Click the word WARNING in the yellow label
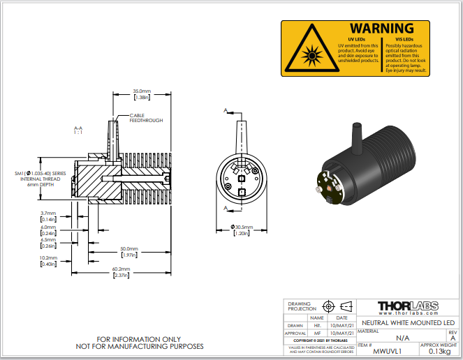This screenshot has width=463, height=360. (381, 28)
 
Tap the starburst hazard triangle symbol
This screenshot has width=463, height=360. (307, 52)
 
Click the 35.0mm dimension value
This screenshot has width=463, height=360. (142, 91)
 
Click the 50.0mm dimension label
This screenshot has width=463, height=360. (128, 249)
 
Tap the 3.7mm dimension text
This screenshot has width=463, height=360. (48, 213)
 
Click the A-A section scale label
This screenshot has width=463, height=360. (78, 130)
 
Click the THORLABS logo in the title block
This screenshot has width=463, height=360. (407, 307)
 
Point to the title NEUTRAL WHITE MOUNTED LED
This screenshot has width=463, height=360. (407, 323)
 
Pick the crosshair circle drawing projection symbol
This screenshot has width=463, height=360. (328, 306)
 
